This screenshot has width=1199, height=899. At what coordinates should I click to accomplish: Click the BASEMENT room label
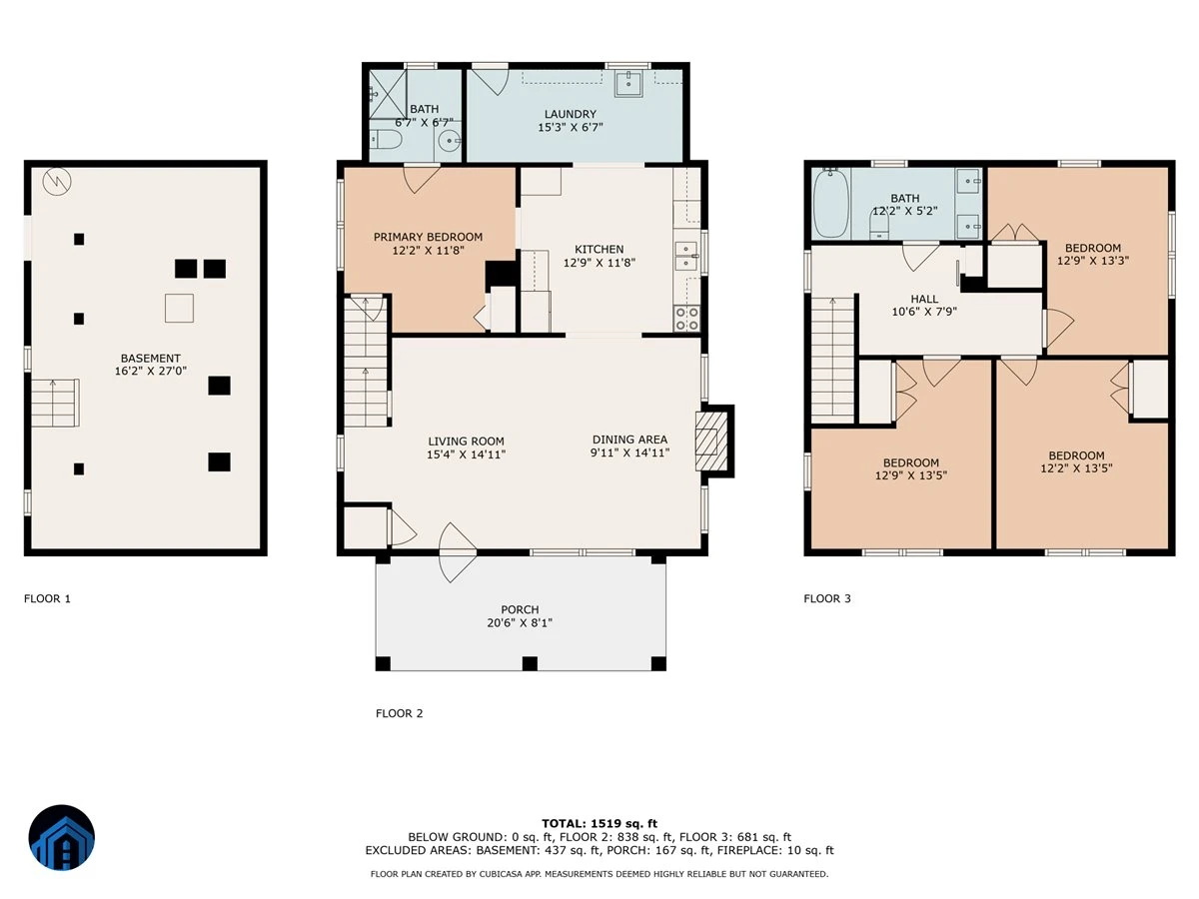point(150,358)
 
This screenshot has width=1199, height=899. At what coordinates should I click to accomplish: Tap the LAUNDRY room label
point(570,114)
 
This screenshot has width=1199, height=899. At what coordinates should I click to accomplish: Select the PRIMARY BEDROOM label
point(428,237)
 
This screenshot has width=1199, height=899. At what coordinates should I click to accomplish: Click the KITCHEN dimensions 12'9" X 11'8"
point(599,263)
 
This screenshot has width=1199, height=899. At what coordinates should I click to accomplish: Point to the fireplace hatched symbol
point(711,442)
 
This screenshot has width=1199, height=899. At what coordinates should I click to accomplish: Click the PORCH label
point(520,609)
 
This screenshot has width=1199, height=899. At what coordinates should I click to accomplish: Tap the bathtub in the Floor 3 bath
point(831,203)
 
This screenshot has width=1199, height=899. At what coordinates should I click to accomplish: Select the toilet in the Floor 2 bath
point(387,139)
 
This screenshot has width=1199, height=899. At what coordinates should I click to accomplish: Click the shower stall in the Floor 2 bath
point(388,94)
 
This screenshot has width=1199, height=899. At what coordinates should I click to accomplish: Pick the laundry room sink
point(628,84)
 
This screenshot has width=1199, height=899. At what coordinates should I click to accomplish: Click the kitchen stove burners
point(686,319)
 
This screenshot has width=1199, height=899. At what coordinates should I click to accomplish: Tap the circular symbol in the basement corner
point(57,181)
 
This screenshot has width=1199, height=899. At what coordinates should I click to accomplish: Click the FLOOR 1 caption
point(47,598)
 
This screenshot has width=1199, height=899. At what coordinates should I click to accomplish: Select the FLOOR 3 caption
point(827,598)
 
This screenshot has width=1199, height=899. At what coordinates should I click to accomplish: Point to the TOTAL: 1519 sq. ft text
point(599,823)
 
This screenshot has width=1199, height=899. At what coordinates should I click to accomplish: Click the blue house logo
point(62,837)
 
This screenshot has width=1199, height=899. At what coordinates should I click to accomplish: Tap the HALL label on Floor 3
point(924,299)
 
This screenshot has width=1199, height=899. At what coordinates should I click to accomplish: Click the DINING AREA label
point(629,440)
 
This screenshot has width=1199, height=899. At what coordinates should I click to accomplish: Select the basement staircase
point(55,403)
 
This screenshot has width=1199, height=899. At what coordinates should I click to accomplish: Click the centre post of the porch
point(530,663)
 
